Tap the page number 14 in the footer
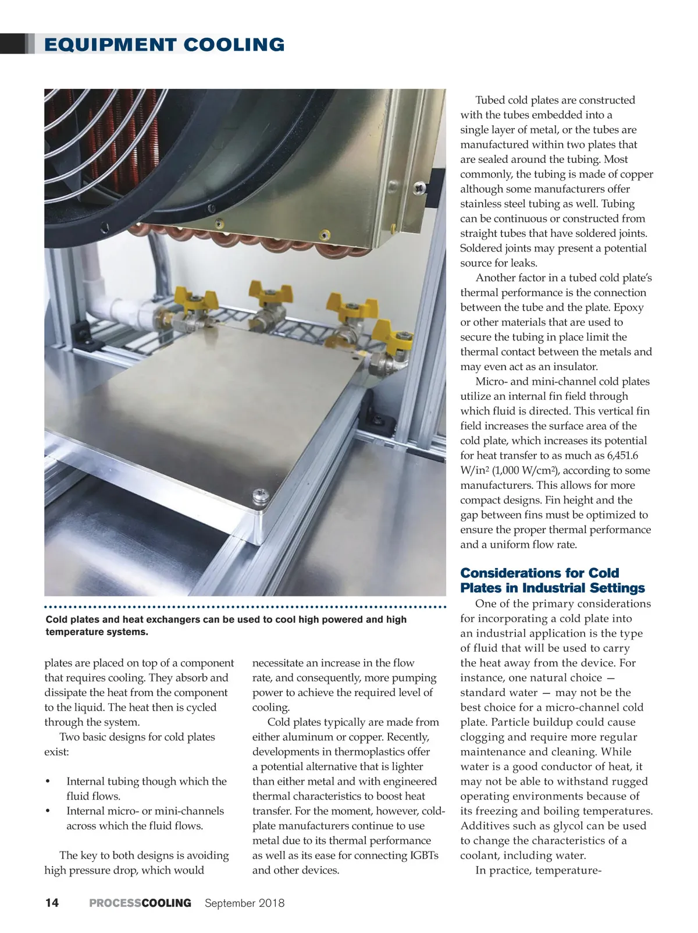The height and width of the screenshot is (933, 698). pyautogui.click(x=52, y=903)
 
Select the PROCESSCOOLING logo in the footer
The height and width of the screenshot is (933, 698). pyautogui.click(x=140, y=903)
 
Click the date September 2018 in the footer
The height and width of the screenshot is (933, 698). pyautogui.click(x=245, y=903)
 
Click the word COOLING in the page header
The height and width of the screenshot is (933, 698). pyautogui.click(x=234, y=45)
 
